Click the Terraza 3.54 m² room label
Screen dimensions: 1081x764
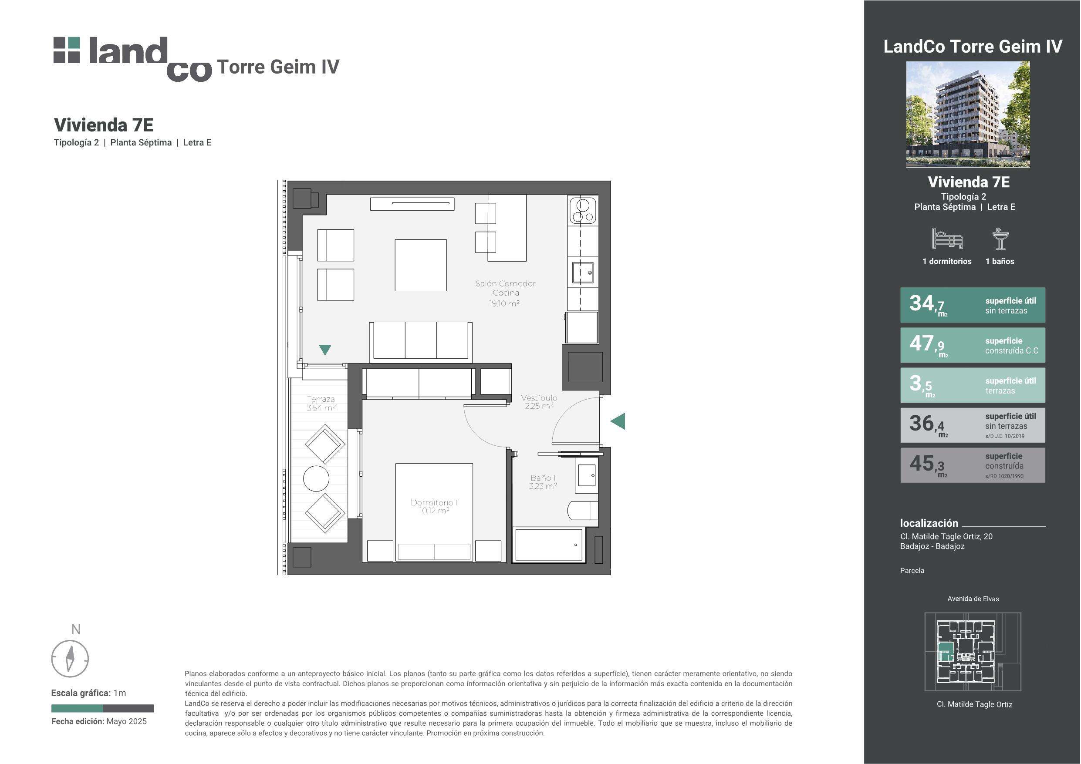point(321,404)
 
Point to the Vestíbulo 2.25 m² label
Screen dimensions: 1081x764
point(539,401)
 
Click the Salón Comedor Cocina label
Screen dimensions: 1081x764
point(505,288)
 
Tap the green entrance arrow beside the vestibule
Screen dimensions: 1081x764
point(618,421)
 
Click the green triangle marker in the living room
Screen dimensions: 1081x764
point(325,350)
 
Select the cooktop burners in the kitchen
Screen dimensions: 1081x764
point(583,210)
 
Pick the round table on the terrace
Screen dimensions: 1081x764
point(316,479)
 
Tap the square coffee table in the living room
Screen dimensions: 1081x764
point(420,265)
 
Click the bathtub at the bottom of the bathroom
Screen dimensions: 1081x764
point(549,545)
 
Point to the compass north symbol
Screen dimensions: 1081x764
point(70,658)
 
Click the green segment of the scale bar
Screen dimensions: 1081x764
point(77,708)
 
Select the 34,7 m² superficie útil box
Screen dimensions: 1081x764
point(973,305)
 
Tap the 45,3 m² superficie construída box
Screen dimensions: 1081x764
point(973,465)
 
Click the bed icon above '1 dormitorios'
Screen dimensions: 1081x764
point(947,239)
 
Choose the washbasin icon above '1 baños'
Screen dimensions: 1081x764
point(1000,239)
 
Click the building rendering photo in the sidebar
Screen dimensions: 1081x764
point(968,114)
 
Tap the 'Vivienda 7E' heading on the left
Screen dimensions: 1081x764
point(104,125)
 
